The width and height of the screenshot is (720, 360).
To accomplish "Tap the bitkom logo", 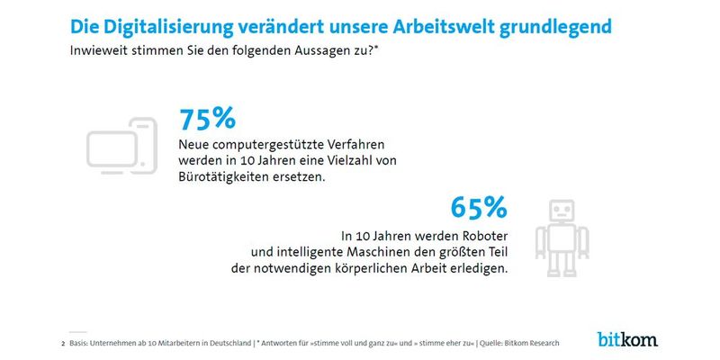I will coord(627,338).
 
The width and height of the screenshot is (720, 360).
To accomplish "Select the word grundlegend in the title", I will coord(562,25).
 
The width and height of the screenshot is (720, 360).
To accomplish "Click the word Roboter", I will coord(456,234).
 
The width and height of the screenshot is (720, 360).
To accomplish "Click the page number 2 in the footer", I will coord(62,343).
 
